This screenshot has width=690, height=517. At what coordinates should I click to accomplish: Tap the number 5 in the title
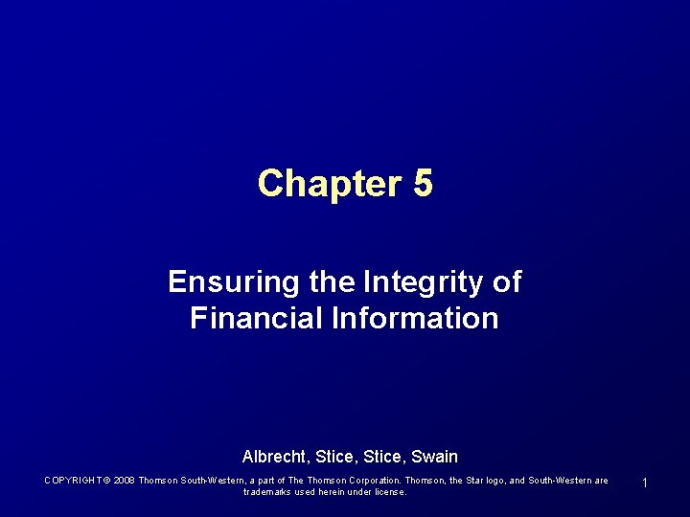click(423, 183)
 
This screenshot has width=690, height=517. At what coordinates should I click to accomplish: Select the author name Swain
click(434, 457)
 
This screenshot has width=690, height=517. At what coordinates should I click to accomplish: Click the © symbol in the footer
click(106, 481)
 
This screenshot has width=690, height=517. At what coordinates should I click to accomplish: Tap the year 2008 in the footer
click(124, 481)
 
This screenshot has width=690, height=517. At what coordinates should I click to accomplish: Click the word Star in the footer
click(477, 481)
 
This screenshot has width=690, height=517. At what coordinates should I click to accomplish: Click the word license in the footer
click(388, 492)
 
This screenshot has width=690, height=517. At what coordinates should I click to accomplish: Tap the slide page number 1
click(645, 483)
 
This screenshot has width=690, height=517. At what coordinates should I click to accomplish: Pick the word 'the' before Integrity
click(333, 281)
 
